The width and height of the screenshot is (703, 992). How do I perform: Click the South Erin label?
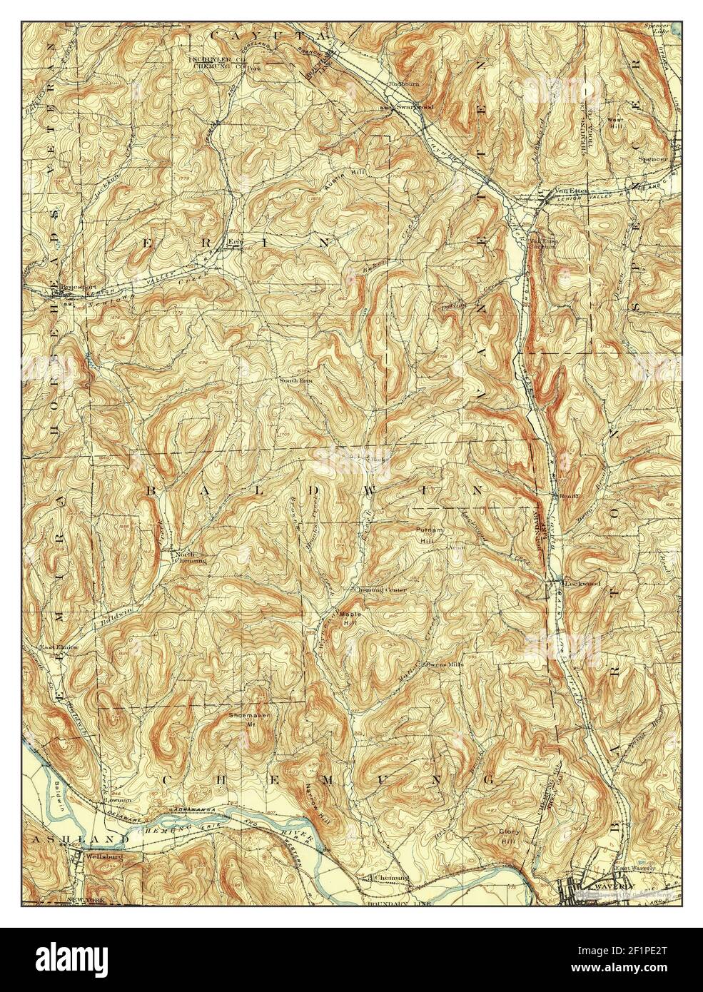tap(296, 380)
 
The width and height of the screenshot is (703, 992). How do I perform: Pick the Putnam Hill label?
tap(430, 535)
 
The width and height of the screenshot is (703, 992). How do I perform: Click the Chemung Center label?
tap(381, 590)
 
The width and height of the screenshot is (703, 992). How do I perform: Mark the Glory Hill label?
tap(509, 836)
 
